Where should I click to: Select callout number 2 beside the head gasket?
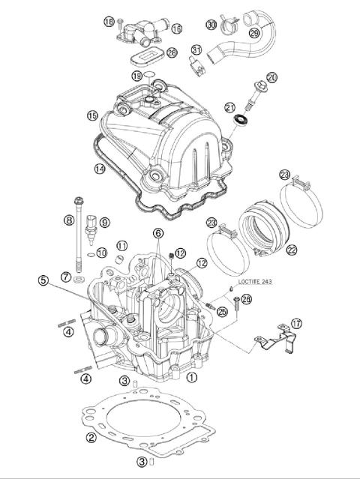(x=91, y=438)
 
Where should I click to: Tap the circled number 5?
(x=43, y=281)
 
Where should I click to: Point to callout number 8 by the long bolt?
(x=68, y=220)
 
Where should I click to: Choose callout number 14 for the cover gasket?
(x=100, y=169)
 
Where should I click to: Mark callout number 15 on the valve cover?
(x=92, y=116)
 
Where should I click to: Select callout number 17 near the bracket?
(x=296, y=324)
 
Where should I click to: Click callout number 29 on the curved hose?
(x=253, y=34)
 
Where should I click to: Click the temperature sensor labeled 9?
(x=91, y=228)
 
